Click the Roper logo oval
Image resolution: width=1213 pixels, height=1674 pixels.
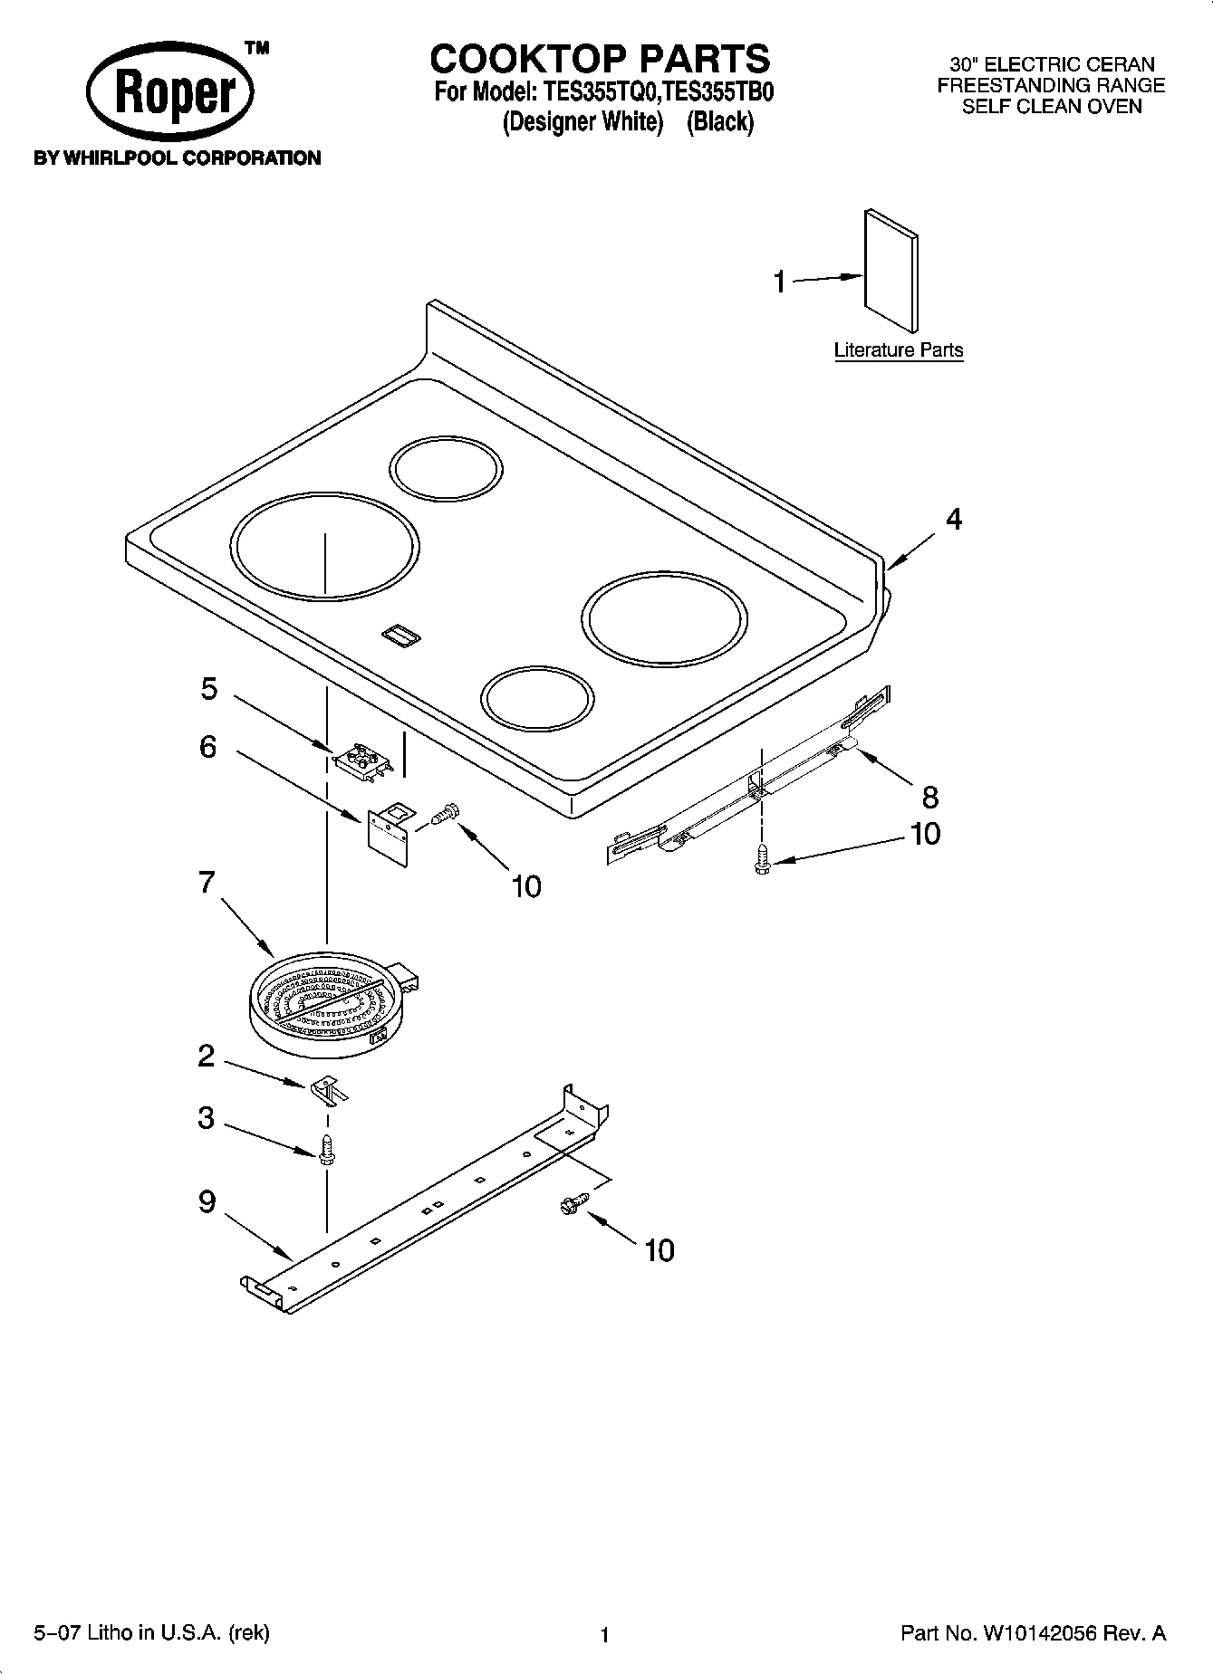click(x=169, y=93)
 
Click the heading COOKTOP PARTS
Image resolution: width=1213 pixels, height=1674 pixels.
click(x=600, y=59)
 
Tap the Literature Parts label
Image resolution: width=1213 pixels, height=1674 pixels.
click(x=898, y=350)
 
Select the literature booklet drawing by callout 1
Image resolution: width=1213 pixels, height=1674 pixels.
click(x=890, y=271)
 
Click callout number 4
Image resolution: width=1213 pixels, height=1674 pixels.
click(x=953, y=520)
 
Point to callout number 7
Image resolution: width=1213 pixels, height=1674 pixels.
click(x=207, y=882)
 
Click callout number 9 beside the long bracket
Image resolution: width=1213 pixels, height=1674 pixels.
click(x=207, y=1202)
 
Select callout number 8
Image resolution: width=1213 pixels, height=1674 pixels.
click(x=929, y=797)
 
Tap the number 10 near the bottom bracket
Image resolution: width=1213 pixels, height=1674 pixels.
click(x=659, y=1250)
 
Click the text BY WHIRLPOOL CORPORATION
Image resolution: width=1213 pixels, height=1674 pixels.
click(x=177, y=158)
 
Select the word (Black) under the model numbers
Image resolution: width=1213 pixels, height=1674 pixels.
click(x=719, y=122)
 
